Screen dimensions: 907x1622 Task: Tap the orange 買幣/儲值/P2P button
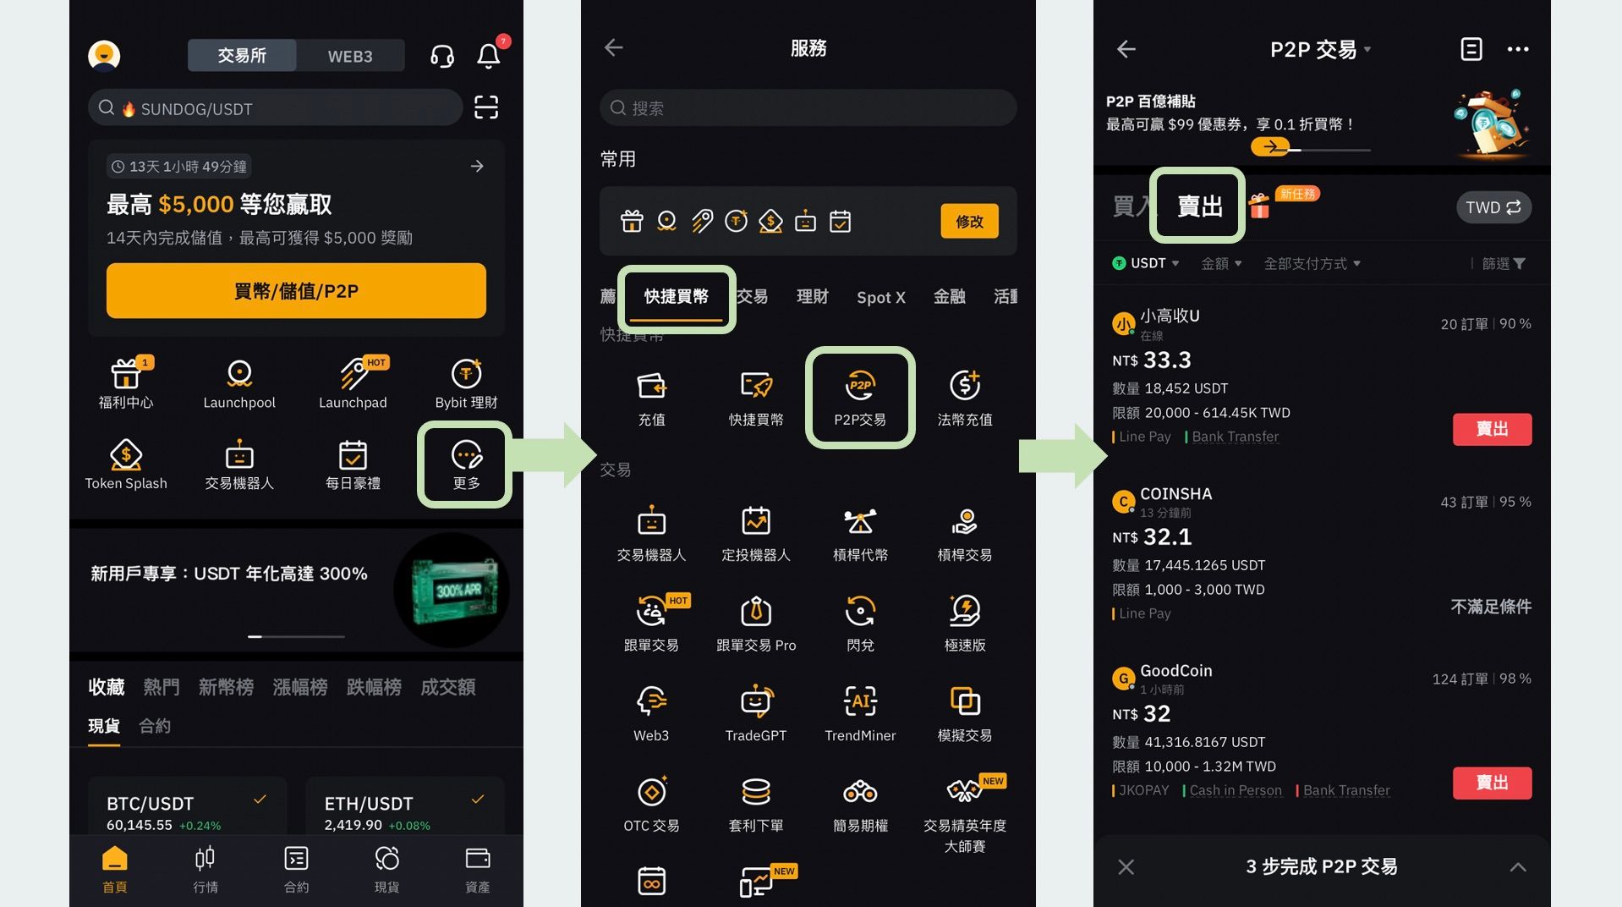pyautogui.click(x=296, y=291)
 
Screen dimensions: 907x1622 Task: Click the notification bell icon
pyautogui.click(x=489, y=56)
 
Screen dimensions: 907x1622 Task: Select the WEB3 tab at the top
pyautogui.click(x=350, y=56)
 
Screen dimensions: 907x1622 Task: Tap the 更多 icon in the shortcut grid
pyautogui.click(x=466, y=464)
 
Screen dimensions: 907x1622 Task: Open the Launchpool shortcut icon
pyautogui.click(x=239, y=382)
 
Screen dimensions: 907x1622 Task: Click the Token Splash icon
pyautogui.click(x=126, y=464)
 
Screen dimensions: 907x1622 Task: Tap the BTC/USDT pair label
pyautogui.click(x=150, y=803)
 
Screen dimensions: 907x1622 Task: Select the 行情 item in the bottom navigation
pyautogui.click(x=205, y=868)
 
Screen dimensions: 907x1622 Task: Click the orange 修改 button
pyautogui.click(x=969, y=221)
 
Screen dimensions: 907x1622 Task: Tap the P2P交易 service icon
pyautogui.click(x=860, y=396)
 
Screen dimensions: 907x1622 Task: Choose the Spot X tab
pyautogui.click(x=880, y=297)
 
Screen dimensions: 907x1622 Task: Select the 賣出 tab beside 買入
pyautogui.click(x=1199, y=206)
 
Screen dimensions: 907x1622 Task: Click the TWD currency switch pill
pyautogui.click(x=1493, y=207)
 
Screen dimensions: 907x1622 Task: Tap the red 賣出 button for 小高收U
pyautogui.click(x=1492, y=429)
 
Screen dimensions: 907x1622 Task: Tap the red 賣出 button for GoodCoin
pyautogui.click(x=1492, y=783)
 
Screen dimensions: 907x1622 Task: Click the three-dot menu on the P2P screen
pyautogui.click(x=1517, y=49)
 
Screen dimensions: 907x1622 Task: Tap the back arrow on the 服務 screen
pyautogui.click(x=614, y=48)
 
